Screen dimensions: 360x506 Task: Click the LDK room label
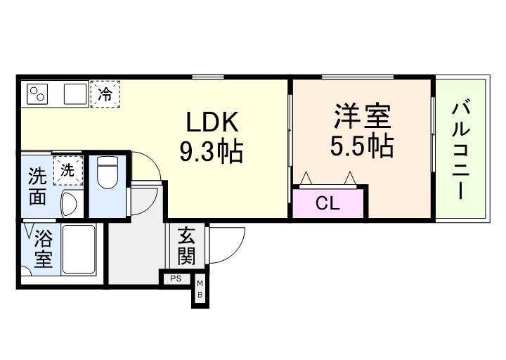[x=213, y=123]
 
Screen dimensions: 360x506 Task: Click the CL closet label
[x=327, y=205]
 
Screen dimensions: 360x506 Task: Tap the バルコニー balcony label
[x=460, y=150]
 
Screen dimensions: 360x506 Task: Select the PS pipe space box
[x=174, y=278]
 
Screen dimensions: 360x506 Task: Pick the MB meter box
[x=200, y=288]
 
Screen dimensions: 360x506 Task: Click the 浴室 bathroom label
[x=42, y=249]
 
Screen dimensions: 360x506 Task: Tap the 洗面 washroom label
[x=37, y=187]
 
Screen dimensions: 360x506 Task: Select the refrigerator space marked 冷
[x=105, y=93]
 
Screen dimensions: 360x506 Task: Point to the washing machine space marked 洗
[x=67, y=169]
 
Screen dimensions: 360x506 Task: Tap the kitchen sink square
[x=74, y=94]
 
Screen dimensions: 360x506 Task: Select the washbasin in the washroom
[x=69, y=205]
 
